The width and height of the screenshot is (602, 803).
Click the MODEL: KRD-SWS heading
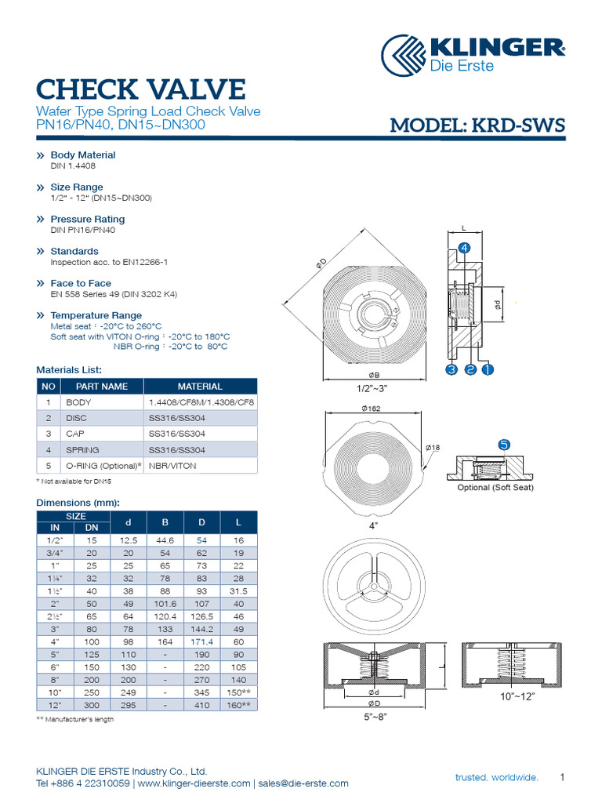click(477, 125)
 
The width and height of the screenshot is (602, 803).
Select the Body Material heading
click(82, 155)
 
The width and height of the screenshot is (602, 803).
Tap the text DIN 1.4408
click(73, 166)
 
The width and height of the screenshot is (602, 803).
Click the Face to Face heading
click(81, 283)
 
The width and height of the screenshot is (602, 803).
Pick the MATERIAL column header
click(200, 387)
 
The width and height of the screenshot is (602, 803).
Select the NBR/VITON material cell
click(172, 466)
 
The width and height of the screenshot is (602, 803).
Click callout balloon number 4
click(463, 248)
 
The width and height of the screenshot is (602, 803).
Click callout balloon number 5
click(504, 445)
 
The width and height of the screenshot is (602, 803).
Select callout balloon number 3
click(451, 369)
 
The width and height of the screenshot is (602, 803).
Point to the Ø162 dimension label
click(371, 409)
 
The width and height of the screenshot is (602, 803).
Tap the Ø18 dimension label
click(433, 447)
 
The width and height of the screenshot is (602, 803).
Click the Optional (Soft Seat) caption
click(495, 488)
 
